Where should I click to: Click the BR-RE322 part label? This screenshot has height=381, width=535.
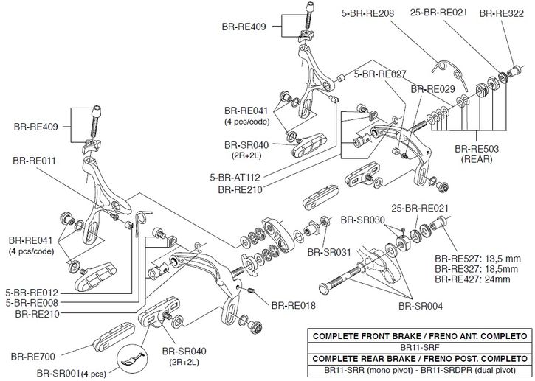(503, 13)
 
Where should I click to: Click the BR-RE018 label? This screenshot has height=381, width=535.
(294, 305)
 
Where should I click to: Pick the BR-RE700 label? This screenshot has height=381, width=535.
(34, 357)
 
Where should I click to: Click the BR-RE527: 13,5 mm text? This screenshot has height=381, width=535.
(478, 259)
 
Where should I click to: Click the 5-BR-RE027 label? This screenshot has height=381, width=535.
(380, 74)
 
